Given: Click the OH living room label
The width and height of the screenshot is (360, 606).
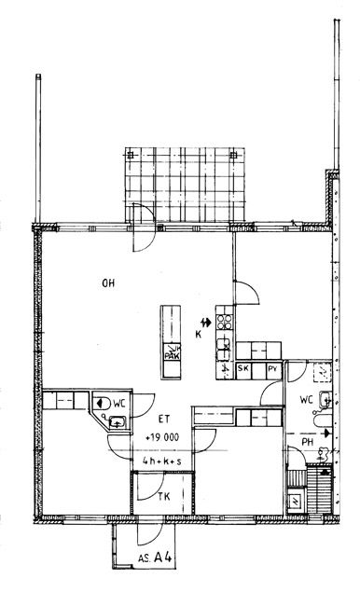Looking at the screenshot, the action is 108,283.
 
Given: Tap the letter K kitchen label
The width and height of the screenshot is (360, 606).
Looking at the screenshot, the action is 198,335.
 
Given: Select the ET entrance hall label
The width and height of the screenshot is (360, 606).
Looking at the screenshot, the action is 164,420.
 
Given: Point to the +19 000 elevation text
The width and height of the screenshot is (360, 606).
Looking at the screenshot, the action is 162,437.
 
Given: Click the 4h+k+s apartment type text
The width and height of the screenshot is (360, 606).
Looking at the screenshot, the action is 161,461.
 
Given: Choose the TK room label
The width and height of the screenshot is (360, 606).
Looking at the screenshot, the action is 164,496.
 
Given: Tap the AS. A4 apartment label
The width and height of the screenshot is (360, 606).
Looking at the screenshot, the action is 155,558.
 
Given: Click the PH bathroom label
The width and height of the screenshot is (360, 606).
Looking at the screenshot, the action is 308,442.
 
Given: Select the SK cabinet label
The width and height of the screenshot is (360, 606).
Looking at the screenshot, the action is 242,368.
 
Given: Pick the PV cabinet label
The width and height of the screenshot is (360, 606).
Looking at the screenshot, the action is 273,368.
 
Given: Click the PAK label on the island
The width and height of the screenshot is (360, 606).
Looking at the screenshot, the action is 173,356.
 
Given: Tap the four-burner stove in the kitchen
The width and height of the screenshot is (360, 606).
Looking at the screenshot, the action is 224,322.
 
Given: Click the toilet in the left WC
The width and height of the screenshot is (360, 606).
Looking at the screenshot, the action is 102,403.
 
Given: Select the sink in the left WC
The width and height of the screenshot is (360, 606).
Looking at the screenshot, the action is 117,422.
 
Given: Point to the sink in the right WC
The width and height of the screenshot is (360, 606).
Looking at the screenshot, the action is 325,400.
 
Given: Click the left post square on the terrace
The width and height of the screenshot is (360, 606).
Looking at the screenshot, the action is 131,156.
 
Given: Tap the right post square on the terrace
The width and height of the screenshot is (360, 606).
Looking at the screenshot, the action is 233,156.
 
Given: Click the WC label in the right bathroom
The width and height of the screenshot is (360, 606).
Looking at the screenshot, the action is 306,400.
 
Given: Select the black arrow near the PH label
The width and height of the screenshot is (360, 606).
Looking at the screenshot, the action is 327,433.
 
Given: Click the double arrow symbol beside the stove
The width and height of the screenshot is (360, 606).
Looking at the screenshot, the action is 206,322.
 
